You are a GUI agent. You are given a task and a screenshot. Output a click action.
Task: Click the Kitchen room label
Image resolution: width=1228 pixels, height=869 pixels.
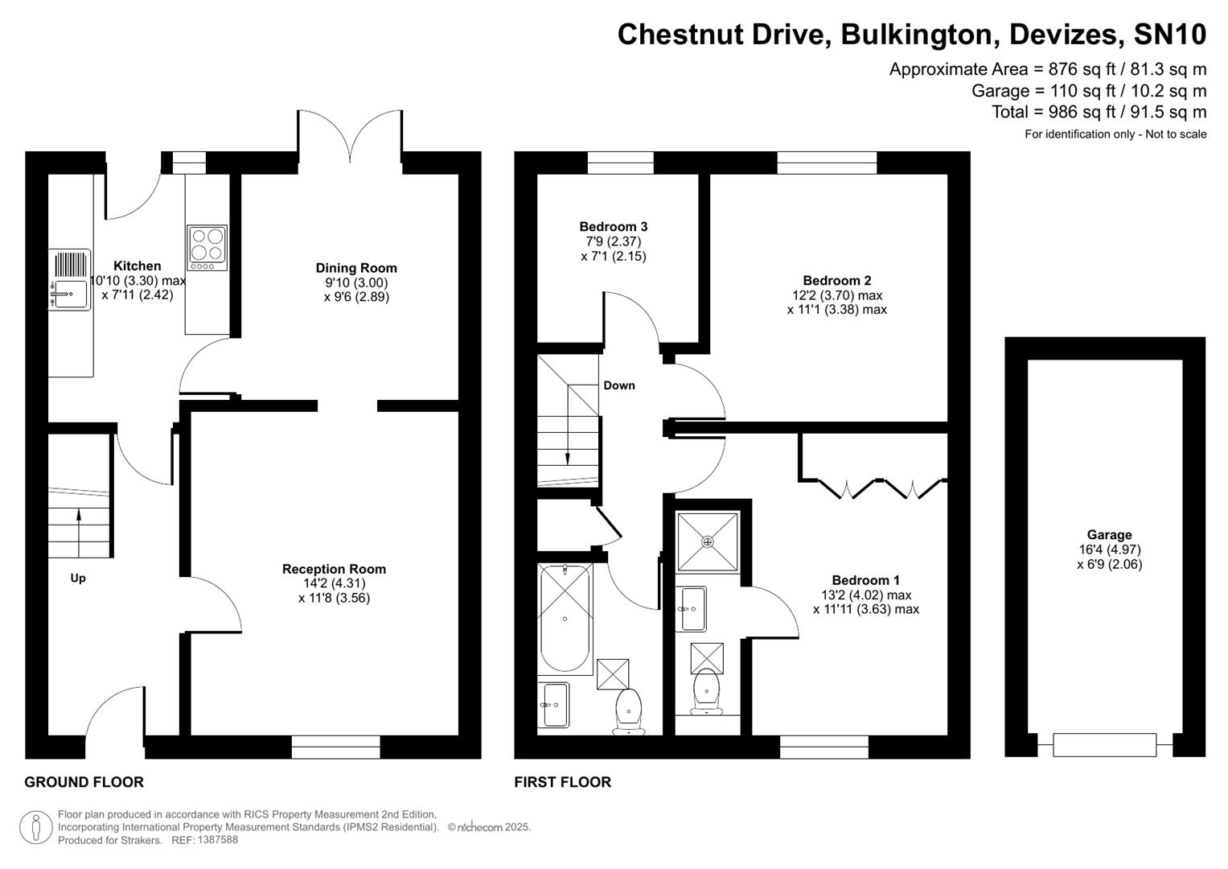(137, 266)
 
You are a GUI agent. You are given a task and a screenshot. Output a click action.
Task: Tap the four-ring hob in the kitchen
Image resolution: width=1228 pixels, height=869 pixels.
(207, 247)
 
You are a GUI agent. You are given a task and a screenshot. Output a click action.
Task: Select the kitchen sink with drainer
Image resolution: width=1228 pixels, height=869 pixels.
(70, 279)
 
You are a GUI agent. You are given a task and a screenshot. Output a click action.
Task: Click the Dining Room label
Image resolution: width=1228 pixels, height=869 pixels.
(356, 268)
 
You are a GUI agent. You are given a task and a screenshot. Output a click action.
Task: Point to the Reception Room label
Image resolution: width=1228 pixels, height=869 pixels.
(334, 569)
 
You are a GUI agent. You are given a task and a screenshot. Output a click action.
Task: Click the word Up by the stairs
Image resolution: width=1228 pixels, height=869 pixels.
(78, 578)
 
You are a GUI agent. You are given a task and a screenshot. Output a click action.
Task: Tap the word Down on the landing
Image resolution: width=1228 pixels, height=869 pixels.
(619, 385)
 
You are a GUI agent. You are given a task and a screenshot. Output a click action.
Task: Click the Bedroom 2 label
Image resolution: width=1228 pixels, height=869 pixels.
(836, 281)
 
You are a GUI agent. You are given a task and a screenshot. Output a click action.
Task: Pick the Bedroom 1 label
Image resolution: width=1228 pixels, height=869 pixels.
(865, 580)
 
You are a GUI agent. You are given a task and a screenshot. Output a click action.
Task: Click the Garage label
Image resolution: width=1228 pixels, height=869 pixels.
(1109, 535)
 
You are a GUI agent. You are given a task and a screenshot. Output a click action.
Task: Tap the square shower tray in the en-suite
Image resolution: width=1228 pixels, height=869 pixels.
(708, 542)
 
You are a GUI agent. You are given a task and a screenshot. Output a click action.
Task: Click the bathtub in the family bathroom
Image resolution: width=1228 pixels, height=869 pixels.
(565, 618)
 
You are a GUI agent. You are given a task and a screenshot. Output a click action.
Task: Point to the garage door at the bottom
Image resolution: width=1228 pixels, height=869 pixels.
(1104, 745)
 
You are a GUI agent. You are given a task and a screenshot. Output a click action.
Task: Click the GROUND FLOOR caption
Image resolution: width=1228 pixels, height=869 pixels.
(84, 782)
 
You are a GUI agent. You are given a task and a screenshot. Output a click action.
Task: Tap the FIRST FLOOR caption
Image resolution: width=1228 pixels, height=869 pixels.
(562, 782)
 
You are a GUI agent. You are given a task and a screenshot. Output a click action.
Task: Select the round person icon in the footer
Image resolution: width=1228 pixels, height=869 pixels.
(35, 827)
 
